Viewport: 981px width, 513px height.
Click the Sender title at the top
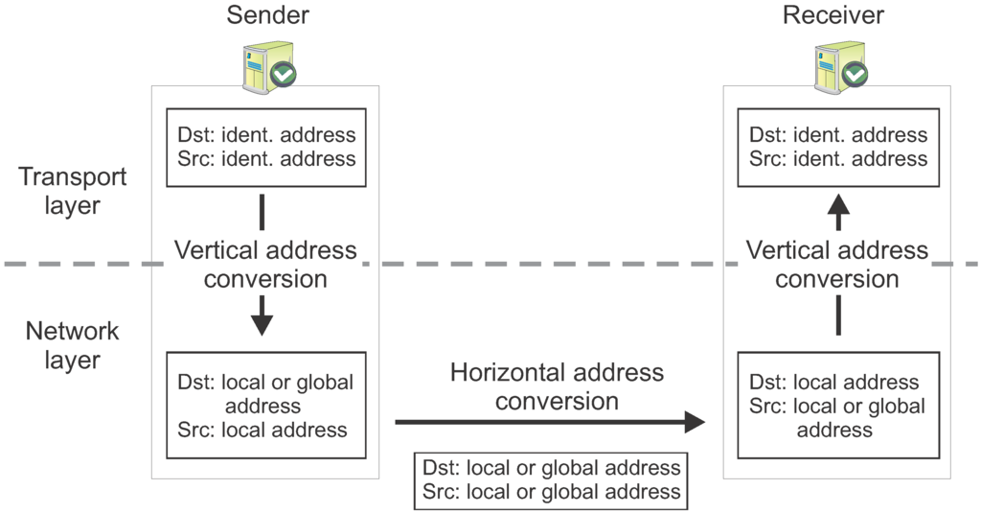pyautogui.click(x=267, y=15)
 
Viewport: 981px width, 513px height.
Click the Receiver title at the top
pyautogui.click(x=833, y=15)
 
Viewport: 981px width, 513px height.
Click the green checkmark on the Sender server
pyautogui.click(x=283, y=75)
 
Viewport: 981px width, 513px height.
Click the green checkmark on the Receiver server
pyautogui.click(x=855, y=75)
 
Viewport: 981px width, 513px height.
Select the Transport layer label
pyautogui.click(x=73, y=191)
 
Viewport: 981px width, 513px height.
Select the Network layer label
pyautogui.click(x=73, y=345)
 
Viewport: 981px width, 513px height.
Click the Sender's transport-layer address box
pyautogui.click(x=266, y=147)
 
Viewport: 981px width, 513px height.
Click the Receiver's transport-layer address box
pyautogui.click(x=838, y=147)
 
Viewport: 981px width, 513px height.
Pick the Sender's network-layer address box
pyautogui.click(x=266, y=406)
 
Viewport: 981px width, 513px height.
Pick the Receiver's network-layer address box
pyautogui.click(x=838, y=406)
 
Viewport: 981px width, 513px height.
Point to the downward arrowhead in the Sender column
pyautogui.click(x=262, y=323)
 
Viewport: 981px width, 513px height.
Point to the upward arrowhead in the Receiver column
pyautogui.click(x=838, y=205)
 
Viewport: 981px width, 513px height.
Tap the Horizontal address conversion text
pyautogui.click(x=557, y=385)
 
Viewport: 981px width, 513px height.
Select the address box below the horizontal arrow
pyautogui.click(x=550, y=479)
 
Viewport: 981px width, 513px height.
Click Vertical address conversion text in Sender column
pyautogui.click(x=265, y=265)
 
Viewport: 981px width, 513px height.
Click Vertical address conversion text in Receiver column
pyautogui.click(x=837, y=265)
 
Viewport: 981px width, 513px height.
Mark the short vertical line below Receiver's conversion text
pyautogui.click(x=838, y=315)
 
